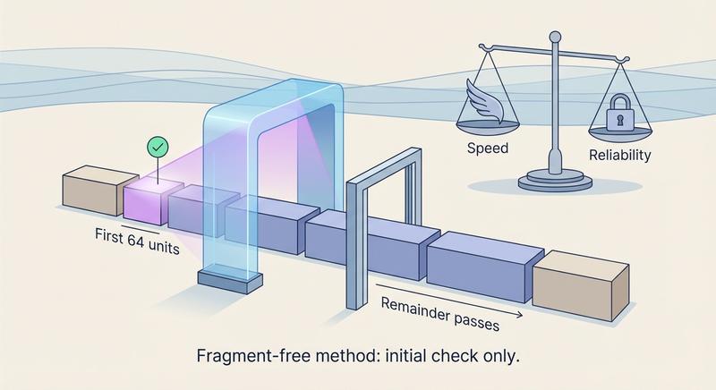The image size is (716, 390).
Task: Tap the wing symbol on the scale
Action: coord(485,98)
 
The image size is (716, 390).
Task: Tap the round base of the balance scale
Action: coord(554,182)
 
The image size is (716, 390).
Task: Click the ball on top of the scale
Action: coord(554,36)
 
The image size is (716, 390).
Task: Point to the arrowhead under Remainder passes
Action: coord(521,316)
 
